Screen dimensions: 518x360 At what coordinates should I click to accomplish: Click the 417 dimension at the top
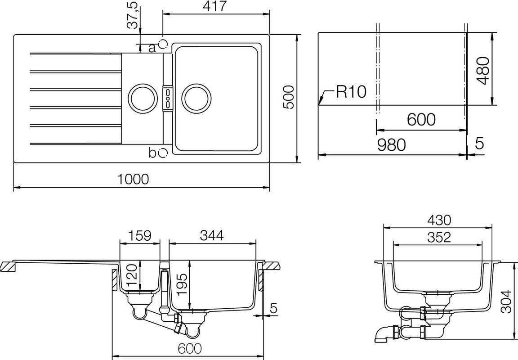214,6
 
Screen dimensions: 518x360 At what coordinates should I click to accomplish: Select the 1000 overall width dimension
134,179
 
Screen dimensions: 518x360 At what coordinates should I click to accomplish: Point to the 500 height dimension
288,97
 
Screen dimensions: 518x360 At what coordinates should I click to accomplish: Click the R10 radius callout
351,91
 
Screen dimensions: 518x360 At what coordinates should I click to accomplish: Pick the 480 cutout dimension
483,71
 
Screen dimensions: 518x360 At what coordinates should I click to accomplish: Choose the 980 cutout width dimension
392,145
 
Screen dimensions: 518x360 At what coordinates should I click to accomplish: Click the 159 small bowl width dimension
139,235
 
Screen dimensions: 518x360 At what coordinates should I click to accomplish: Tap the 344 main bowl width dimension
212,235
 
